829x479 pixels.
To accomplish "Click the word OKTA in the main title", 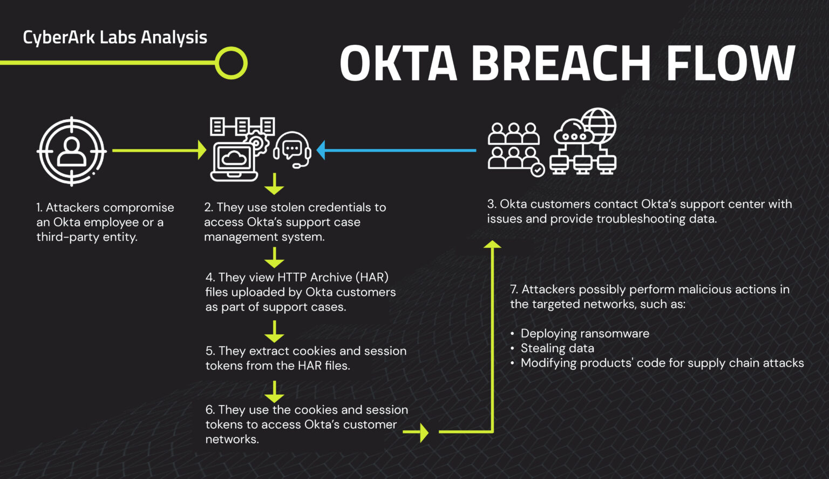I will (398, 63).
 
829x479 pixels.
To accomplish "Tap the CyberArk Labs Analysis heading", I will (115, 37).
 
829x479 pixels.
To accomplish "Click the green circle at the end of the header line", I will (231, 63).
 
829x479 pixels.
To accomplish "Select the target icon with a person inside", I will (72, 152).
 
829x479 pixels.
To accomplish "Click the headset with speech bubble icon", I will (293, 150).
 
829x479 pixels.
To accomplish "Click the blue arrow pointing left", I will (397, 150).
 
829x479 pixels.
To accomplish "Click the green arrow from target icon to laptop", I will (159, 150).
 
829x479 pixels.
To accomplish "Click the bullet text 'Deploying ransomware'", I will (585, 333).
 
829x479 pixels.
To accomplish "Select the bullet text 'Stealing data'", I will (557, 348).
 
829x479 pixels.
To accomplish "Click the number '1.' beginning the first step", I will (39, 207).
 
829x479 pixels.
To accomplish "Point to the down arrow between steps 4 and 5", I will (274, 330).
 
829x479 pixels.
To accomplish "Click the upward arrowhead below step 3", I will (492, 245).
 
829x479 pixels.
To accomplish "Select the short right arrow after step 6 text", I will (416, 432).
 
